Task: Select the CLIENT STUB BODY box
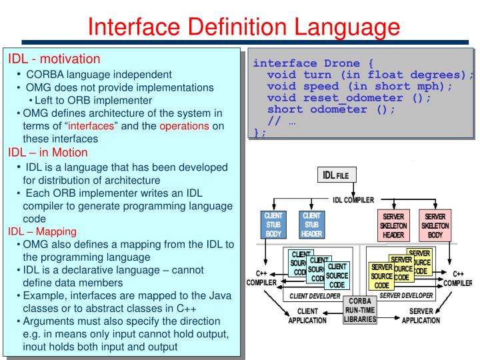tap(273, 225)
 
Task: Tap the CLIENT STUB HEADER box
tap(311, 225)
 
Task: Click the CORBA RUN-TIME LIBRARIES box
tap(360, 310)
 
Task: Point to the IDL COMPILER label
tap(353, 199)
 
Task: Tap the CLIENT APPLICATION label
tap(307, 316)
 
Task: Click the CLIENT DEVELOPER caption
tap(313, 295)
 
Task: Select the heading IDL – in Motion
tap(47, 152)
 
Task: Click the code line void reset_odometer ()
tap(348, 97)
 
